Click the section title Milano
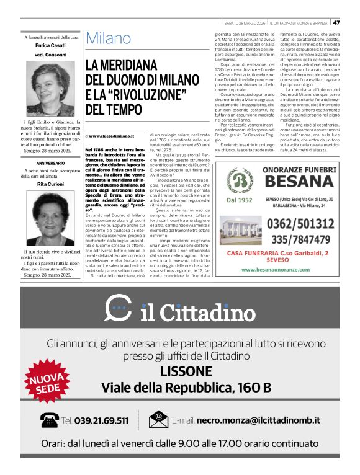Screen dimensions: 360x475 108,38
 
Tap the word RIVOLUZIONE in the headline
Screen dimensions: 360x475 149,95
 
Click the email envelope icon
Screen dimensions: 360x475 158,420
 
